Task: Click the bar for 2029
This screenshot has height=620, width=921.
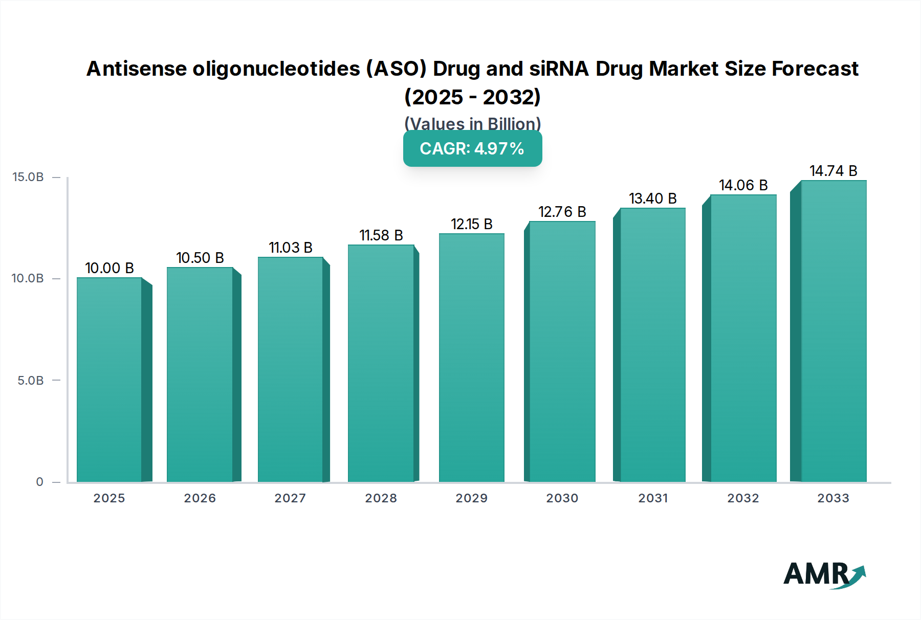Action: click(x=471, y=358)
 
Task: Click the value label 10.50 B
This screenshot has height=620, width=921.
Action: click(x=200, y=258)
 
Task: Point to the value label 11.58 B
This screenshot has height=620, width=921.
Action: click(x=381, y=235)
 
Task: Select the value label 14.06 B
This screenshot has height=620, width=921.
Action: click(x=743, y=185)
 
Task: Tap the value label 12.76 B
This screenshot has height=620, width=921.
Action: click(x=562, y=212)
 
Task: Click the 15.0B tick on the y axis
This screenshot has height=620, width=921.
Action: click(x=28, y=177)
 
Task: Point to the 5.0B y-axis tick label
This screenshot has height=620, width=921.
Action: click(x=31, y=381)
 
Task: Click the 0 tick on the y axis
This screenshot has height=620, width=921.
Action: click(x=39, y=482)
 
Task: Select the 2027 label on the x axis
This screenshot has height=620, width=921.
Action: click(x=290, y=498)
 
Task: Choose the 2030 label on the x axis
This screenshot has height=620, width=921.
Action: click(x=562, y=498)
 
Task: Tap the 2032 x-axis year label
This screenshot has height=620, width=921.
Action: click(x=743, y=498)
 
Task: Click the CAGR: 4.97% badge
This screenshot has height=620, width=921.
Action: click(x=472, y=149)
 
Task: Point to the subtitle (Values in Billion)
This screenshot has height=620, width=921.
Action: click(x=472, y=124)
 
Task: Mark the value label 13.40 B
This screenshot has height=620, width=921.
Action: click(x=652, y=198)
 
